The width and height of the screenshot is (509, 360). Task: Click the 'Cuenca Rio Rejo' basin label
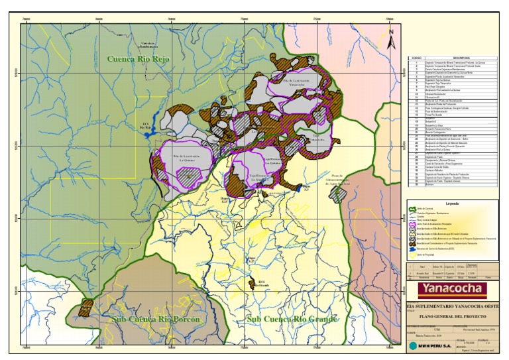pyautogui.click(x=139, y=59)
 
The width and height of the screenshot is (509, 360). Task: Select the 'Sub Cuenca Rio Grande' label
pyautogui.click(x=292, y=319)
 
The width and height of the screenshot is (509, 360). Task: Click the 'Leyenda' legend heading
pyautogui.click(x=452, y=204)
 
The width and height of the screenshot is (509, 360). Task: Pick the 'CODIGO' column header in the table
pyautogui.click(x=416, y=58)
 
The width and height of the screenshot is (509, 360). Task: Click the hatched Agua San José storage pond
pyautogui.click(x=339, y=193)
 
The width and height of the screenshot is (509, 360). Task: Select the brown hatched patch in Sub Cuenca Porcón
pyautogui.click(x=85, y=308)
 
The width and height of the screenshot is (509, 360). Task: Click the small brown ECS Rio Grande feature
pyautogui.click(x=252, y=284)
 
